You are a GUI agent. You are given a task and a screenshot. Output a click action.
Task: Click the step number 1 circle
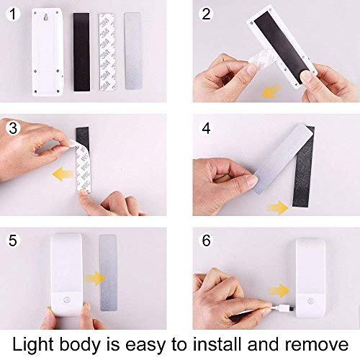(12, 13)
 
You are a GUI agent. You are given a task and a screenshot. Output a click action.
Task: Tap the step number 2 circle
(205, 13)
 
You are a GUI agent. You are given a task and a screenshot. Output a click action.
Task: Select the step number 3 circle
(12, 129)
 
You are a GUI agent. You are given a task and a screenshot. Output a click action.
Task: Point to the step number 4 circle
(206, 130)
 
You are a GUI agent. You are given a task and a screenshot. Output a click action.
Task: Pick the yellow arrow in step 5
(91, 277)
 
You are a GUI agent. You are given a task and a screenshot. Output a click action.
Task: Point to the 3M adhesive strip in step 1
(107, 51)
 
